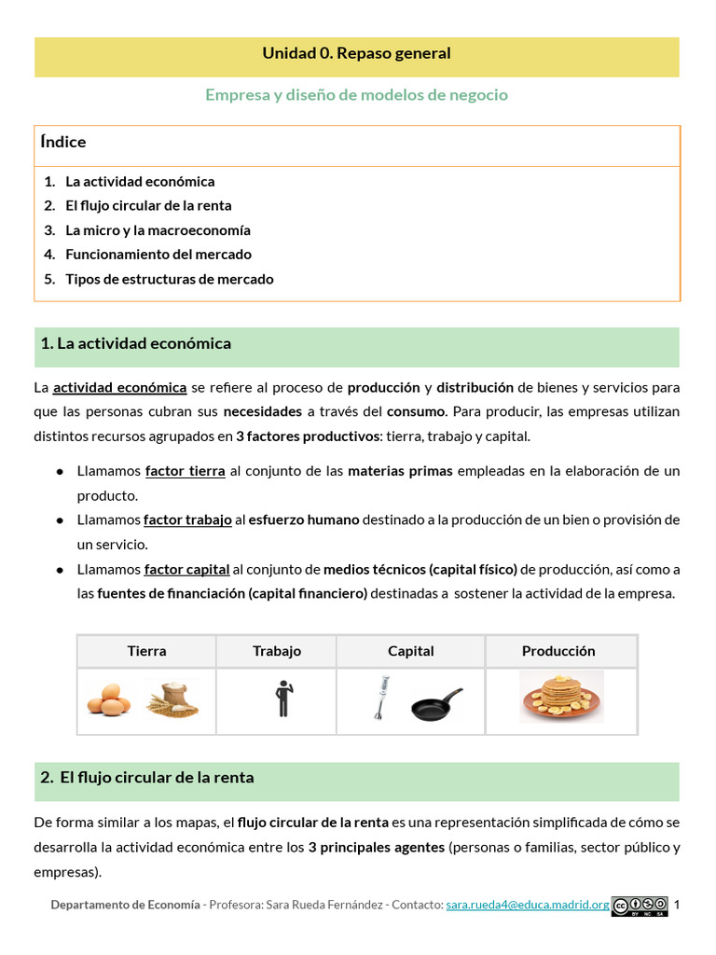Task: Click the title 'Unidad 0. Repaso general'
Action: point(356,54)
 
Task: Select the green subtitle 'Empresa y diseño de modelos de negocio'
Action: point(356,95)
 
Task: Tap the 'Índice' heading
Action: point(63,143)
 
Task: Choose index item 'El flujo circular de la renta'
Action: point(148,206)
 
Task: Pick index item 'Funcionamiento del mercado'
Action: point(158,255)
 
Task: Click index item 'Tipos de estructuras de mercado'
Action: point(169,279)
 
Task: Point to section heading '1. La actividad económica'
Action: point(136,344)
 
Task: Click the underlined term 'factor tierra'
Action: point(185,472)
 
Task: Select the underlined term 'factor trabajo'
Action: point(187,520)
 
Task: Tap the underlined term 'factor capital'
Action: point(186,569)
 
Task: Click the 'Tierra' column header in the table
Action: point(146,651)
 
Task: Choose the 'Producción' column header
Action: point(558,651)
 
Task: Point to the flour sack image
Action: point(172,698)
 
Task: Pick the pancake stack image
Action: point(560,697)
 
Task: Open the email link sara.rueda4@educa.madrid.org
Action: point(527,905)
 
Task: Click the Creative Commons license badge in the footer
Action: point(639,905)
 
